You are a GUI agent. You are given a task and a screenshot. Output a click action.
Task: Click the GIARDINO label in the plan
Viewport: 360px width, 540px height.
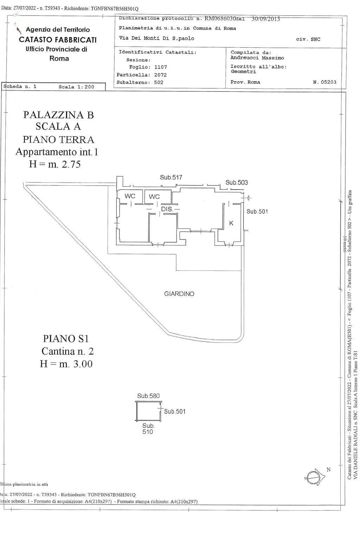click(179, 294)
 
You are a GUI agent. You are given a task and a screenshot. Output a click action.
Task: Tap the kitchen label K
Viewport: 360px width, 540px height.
click(231, 223)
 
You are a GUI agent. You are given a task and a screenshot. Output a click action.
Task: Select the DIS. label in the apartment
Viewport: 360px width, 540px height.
click(167, 209)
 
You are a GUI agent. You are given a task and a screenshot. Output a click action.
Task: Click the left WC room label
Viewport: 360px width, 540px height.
click(130, 196)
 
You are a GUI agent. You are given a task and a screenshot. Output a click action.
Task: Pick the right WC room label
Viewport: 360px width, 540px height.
click(154, 197)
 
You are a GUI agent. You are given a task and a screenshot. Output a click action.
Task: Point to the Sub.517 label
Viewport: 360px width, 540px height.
click(171, 178)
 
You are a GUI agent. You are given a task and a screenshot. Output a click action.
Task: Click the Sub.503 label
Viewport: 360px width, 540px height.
click(237, 182)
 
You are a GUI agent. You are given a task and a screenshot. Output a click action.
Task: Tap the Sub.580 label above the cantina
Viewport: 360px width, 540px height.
click(148, 396)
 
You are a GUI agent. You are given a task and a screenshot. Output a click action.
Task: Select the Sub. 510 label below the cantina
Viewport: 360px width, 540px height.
click(148, 429)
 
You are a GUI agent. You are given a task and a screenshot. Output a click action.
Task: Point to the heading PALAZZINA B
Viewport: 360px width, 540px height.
click(58, 115)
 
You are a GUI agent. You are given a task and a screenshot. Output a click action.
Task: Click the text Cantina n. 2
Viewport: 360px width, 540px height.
click(67, 351)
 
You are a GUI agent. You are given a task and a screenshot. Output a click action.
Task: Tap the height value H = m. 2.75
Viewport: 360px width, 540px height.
click(55, 164)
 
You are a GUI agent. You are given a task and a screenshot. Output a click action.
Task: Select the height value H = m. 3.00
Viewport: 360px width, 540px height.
click(66, 364)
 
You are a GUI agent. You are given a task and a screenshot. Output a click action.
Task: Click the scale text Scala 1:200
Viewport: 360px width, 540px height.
click(76, 87)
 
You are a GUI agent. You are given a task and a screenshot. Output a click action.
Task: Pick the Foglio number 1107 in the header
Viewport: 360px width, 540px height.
click(161, 67)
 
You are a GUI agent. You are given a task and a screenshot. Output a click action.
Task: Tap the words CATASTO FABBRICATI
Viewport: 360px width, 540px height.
click(58, 40)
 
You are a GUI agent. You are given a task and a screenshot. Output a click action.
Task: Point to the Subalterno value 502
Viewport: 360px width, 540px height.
click(159, 83)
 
